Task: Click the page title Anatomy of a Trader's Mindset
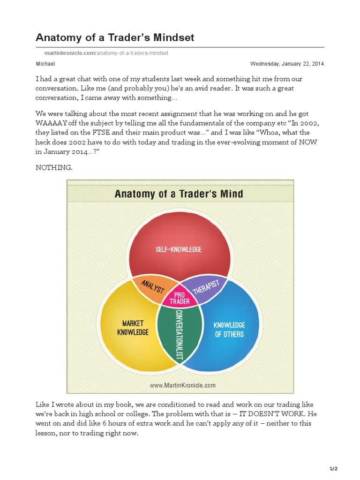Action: [x=115, y=37]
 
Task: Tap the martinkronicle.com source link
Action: [x=69, y=53]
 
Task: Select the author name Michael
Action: [x=45, y=64]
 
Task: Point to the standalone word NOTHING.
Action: [x=54, y=168]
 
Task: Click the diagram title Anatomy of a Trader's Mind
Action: [x=179, y=193]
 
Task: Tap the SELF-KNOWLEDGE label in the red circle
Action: [x=179, y=249]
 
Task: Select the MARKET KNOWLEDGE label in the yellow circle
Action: [x=133, y=328]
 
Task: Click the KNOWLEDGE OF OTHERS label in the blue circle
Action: [x=229, y=330]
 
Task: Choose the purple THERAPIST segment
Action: [x=207, y=287]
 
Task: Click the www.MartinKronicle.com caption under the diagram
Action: [x=182, y=385]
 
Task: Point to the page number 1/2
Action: [x=334, y=468]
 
